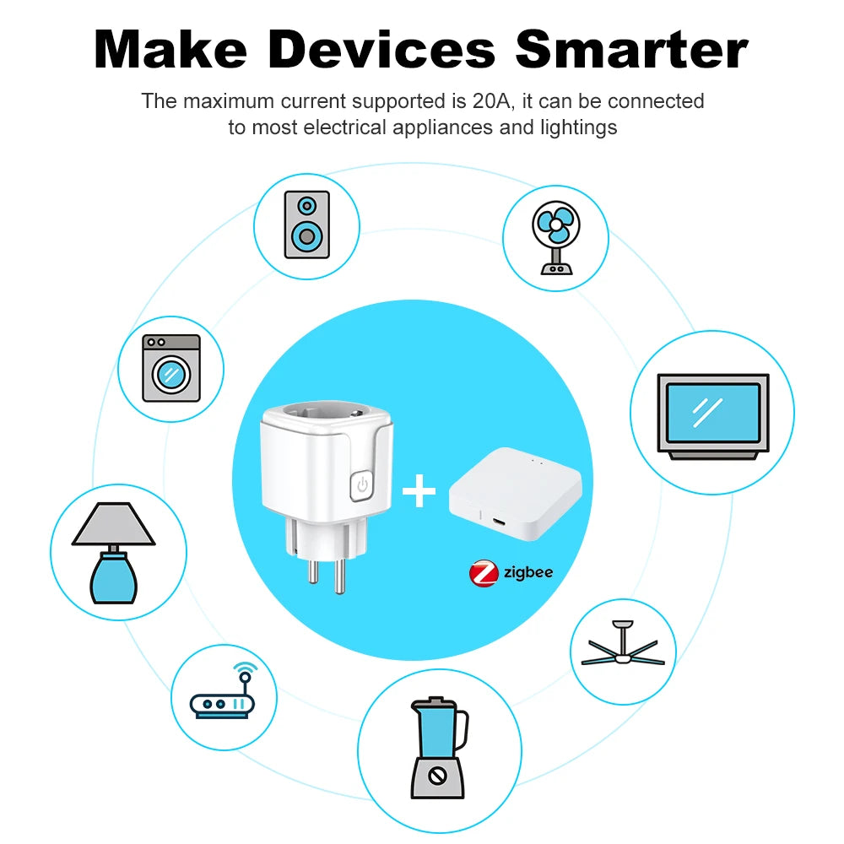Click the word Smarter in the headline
click(x=631, y=50)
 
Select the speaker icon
click(x=306, y=225)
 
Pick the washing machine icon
click(x=171, y=368)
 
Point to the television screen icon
click(x=712, y=414)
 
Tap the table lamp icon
click(x=113, y=553)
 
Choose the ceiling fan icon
click(x=624, y=651)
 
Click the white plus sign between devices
click(x=419, y=492)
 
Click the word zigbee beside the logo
click(x=527, y=572)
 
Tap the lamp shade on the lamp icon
click(x=113, y=526)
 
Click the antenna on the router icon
click(x=246, y=674)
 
